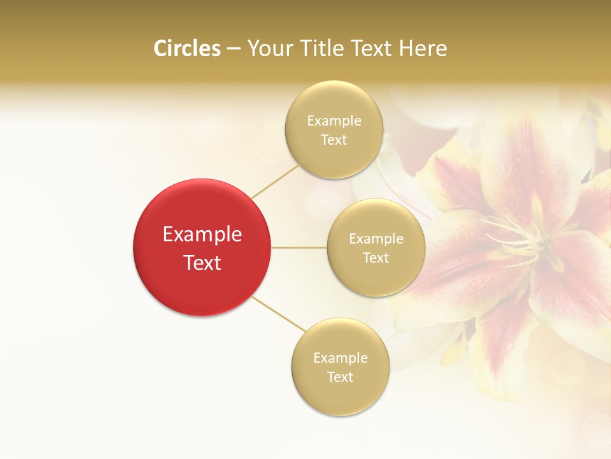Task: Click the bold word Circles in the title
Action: pos(186,48)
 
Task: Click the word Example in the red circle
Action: pos(202,235)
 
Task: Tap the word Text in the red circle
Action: pos(202,263)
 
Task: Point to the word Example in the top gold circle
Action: pos(334,121)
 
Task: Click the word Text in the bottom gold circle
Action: pos(340,377)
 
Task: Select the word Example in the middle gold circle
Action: pos(376,239)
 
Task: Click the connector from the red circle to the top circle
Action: pos(274,180)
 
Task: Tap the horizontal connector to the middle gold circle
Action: pos(299,247)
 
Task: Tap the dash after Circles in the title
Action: pos(233,49)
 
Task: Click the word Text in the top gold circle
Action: pos(334,140)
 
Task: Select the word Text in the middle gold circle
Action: pos(376,258)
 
